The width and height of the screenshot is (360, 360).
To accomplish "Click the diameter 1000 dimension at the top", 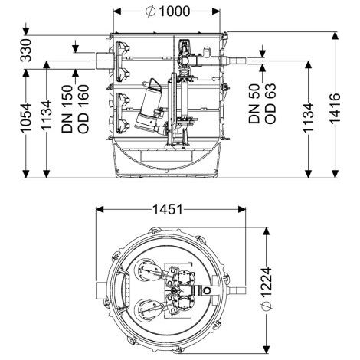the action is tap(168, 11).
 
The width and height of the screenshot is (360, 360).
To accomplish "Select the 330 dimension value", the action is tap(26, 51).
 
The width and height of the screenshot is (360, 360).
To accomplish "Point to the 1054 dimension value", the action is tap(26, 118).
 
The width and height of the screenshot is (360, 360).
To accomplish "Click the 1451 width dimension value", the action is tap(168, 210).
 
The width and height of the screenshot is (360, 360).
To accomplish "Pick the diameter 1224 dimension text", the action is tap(267, 289).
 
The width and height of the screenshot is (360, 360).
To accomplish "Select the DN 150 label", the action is tap(67, 109).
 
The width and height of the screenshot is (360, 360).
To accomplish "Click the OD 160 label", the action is tap(83, 109).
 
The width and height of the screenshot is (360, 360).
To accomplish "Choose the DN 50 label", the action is tap(254, 103).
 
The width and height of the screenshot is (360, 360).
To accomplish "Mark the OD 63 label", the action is tap(270, 103).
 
